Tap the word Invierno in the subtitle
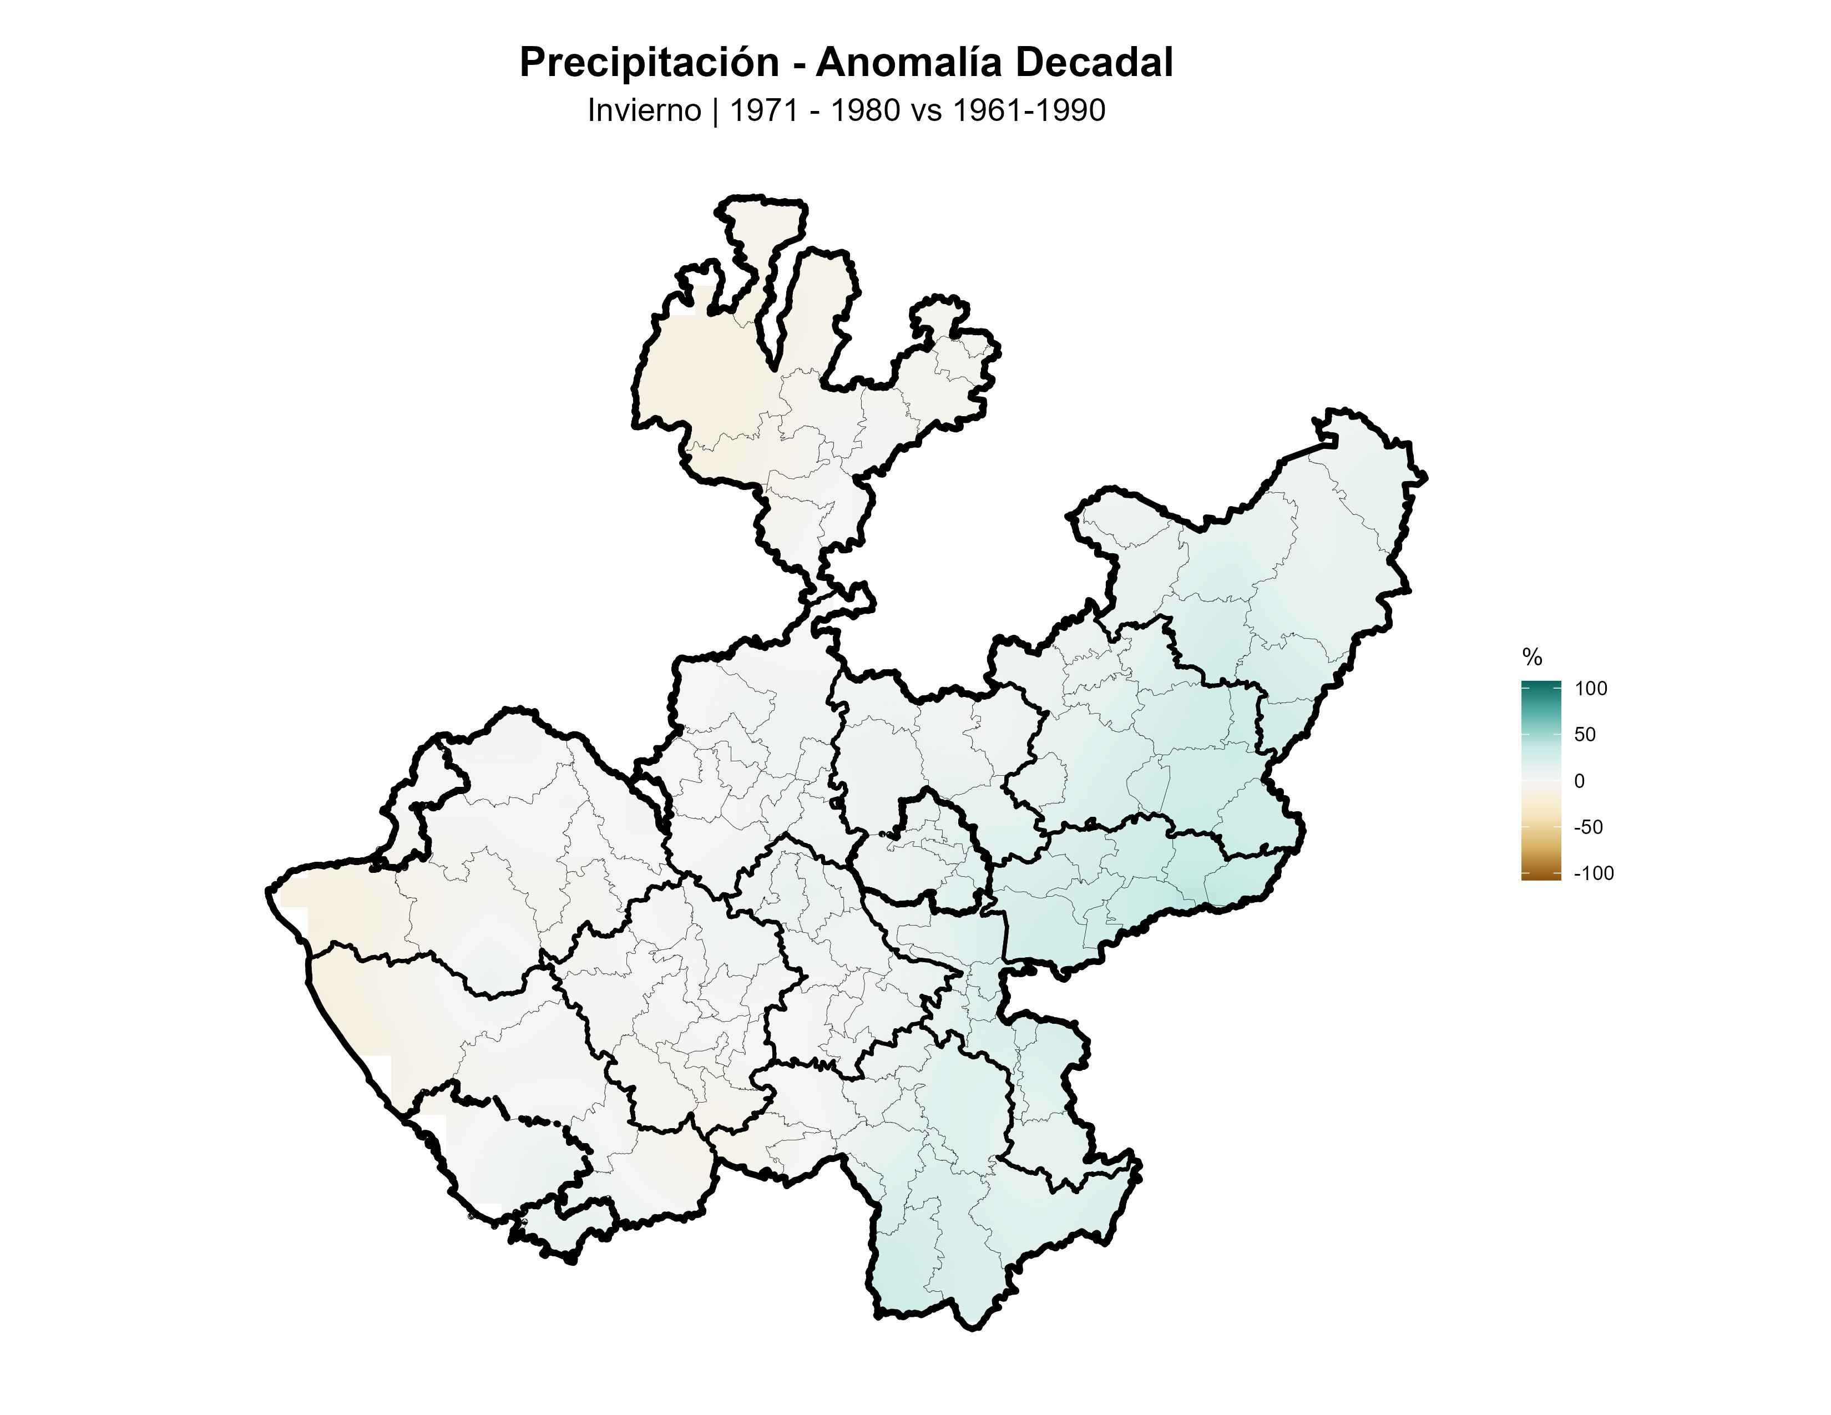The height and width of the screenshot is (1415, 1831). point(644,110)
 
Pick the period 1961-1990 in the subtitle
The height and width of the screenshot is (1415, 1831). point(1029,110)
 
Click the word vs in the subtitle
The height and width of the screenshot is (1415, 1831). point(927,110)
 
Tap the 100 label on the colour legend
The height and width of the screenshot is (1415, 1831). point(1590,689)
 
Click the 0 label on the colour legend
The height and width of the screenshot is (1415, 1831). point(1580,781)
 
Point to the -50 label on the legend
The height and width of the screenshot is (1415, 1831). point(1588,827)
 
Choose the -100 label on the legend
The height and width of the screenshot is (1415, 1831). point(1593,873)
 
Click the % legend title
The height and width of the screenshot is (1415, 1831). point(1532,657)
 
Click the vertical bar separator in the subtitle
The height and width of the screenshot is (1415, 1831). point(715,110)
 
